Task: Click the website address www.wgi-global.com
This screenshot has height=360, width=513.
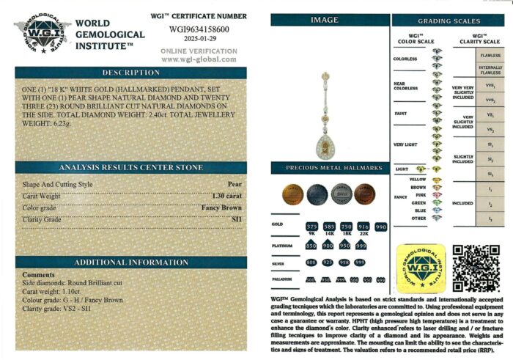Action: click(x=203, y=59)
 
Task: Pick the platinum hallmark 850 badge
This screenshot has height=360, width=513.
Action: click(x=311, y=245)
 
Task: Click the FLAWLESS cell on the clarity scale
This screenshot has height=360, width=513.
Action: click(x=490, y=55)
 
